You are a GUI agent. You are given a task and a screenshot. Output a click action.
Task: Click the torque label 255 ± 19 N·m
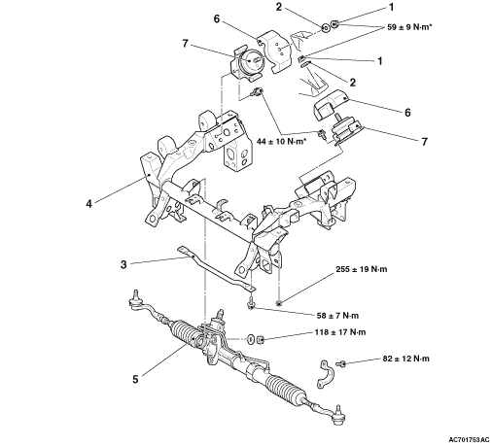tap(362, 269)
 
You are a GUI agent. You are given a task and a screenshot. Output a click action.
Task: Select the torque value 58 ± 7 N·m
tap(337, 315)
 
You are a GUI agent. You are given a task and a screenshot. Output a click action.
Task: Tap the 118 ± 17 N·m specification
tap(340, 332)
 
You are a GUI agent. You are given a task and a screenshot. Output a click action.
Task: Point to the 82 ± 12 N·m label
tap(406, 359)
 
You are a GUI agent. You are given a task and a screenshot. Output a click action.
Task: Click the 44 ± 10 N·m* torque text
tap(281, 142)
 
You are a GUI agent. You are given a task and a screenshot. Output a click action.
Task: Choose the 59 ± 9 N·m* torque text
tap(409, 27)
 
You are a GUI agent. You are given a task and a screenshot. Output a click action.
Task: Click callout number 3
tap(123, 264)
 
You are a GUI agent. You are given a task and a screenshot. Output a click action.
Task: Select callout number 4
tap(88, 204)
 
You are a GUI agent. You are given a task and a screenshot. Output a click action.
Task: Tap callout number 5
tap(135, 379)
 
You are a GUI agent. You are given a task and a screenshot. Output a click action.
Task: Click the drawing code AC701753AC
tap(469, 440)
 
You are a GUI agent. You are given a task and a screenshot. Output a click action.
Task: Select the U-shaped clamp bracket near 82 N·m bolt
tap(323, 373)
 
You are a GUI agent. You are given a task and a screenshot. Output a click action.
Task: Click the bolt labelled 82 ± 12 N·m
tap(340, 363)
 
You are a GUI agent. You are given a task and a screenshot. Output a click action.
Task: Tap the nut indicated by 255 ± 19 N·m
tap(278, 303)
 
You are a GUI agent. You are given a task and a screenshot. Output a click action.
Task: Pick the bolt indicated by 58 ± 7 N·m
tap(251, 303)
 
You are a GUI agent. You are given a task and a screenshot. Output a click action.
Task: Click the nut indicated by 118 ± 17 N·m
tap(261, 340)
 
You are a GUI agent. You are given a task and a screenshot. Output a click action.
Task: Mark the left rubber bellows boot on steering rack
tap(186, 336)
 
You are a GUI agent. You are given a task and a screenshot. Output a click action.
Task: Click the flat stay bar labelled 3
tap(217, 268)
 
